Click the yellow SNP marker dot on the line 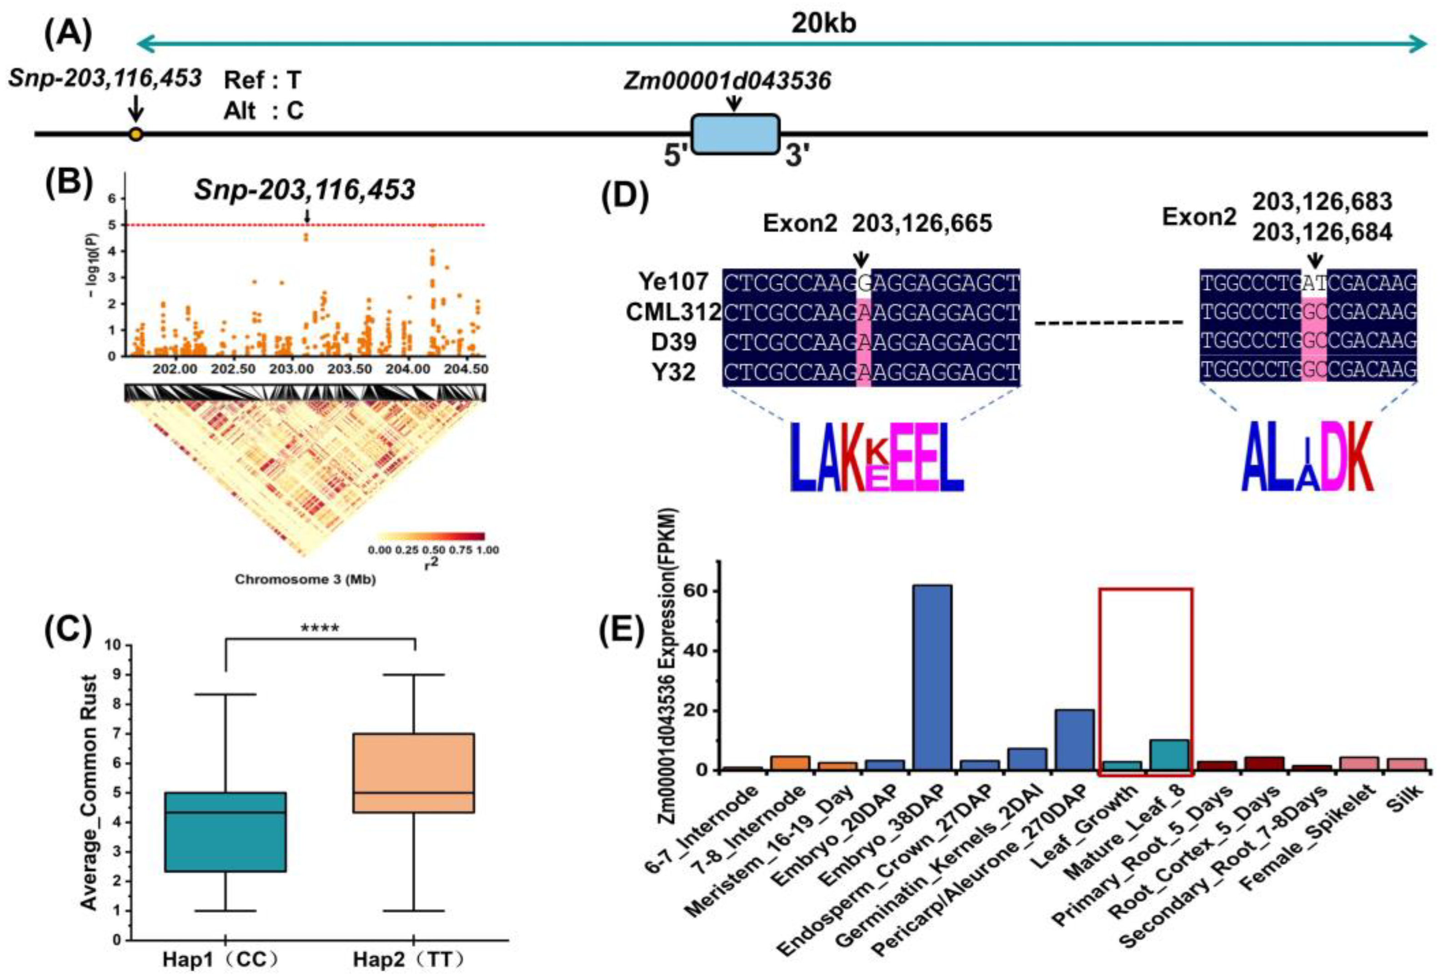click(x=136, y=134)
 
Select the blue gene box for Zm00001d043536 click(x=735, y=134)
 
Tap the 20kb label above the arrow click(x=823, y=24)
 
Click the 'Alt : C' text click(x=264, y=111)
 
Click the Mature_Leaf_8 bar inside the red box click(x=1169, y=755)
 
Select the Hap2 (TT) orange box click(x=414, y=773)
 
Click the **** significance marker click(x=320, y=629)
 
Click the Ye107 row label click(x=673, y=282)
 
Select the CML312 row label click(x=673, y=312)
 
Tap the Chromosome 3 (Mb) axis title click(x=305, y=579)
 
